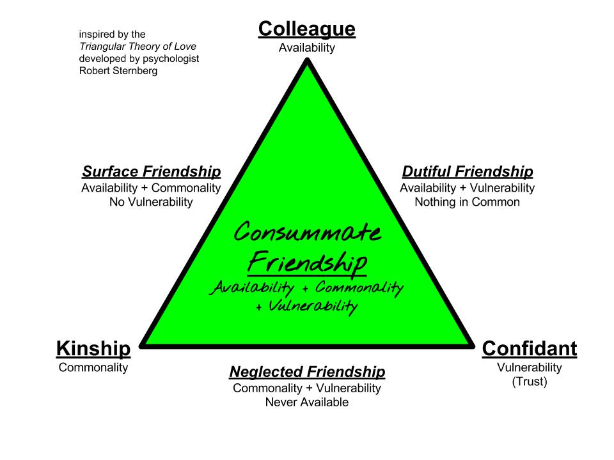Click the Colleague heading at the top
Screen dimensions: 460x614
306,29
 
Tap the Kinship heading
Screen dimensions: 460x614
93,349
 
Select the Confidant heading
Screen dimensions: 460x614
529,349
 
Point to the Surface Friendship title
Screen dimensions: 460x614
152,172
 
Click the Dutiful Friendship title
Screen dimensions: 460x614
467,172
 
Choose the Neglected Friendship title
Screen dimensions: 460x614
307,372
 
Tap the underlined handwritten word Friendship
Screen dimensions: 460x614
307,261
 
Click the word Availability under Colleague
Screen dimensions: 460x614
307,48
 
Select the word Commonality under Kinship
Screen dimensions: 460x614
93,367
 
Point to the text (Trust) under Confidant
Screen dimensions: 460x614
529,383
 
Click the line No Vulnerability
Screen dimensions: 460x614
151,203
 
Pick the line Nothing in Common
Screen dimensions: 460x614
467,203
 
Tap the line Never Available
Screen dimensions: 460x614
307,402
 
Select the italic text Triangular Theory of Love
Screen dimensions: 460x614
138,47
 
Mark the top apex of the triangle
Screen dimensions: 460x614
307,61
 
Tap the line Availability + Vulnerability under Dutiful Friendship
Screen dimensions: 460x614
467,188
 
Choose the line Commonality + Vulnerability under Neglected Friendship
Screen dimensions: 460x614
307,388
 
